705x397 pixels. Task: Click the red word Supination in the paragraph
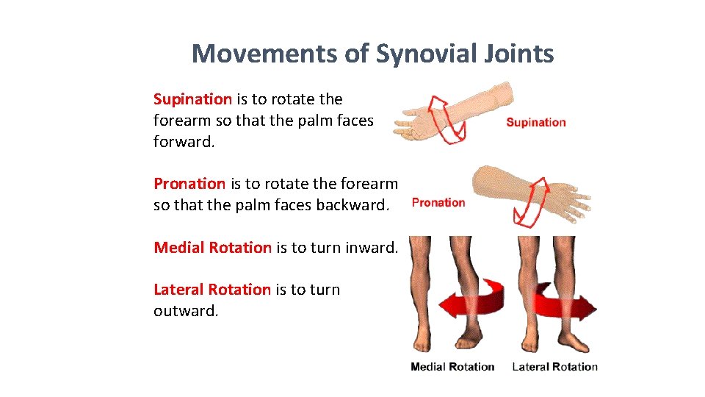tap(192, 99)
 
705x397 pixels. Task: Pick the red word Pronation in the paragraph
tap(189, 184)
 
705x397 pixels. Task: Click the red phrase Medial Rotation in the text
tap(212, 248)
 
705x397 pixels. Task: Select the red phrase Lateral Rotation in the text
tap(211, 290)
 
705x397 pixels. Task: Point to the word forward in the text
tap(184, 141)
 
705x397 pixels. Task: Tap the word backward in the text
tap(351, 205)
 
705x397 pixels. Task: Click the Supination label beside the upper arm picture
tap(536, 123)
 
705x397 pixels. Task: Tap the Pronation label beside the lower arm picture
tap(438, 203)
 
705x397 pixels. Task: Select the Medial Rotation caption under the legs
tap(452, 367)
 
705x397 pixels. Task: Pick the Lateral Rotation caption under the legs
tap(554, 367)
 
